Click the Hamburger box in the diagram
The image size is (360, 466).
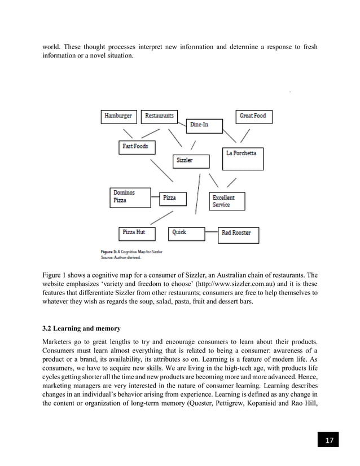tap(118, 116)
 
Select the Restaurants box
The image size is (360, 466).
tap(159, 116)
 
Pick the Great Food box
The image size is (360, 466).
tap(253, 116)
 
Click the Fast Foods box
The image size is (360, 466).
tap(135, 147)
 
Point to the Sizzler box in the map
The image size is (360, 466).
tap(190, 161)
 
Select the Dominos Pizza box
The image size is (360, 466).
tap(130, 197)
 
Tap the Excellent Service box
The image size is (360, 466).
tap(227, 201)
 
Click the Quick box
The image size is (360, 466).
tap(186, 232)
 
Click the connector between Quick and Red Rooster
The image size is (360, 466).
tap(212, 232)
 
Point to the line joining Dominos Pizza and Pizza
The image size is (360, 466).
tap(156, 197)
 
